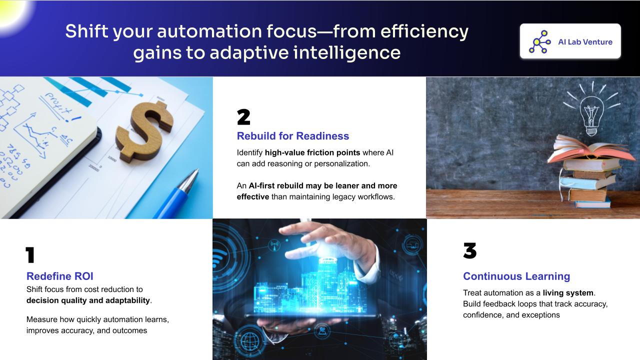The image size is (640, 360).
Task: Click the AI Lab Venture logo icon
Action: (x=539, y=41)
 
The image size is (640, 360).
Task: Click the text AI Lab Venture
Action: (x=585, y=42)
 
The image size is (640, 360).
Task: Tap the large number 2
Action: (x=243, y=117)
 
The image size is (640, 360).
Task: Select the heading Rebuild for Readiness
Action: (x=293, y=136)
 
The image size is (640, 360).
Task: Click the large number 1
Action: (x=30, y=255)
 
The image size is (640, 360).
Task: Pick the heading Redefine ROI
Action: (x=60, y=276)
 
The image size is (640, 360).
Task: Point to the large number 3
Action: (x=469, y=251)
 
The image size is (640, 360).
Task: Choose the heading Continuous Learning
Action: (x=516, y=276)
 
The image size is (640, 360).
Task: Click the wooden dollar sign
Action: (x=144, y=132)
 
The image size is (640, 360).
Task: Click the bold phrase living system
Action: (x=568, y=293)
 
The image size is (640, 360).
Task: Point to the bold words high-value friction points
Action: (x=312, y=153)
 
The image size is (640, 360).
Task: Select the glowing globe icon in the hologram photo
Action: (x=249, y=341)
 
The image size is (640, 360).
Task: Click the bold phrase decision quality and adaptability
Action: (x=88, y=300)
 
